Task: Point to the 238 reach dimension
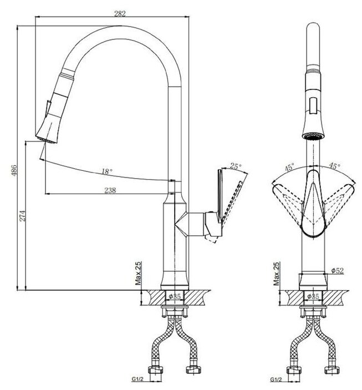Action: coord(110,189)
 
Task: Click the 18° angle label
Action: coord(107,172)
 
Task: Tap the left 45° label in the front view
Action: coord(289,165)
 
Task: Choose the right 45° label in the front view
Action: coord(335,165)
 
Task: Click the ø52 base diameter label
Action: coord(338,270)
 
